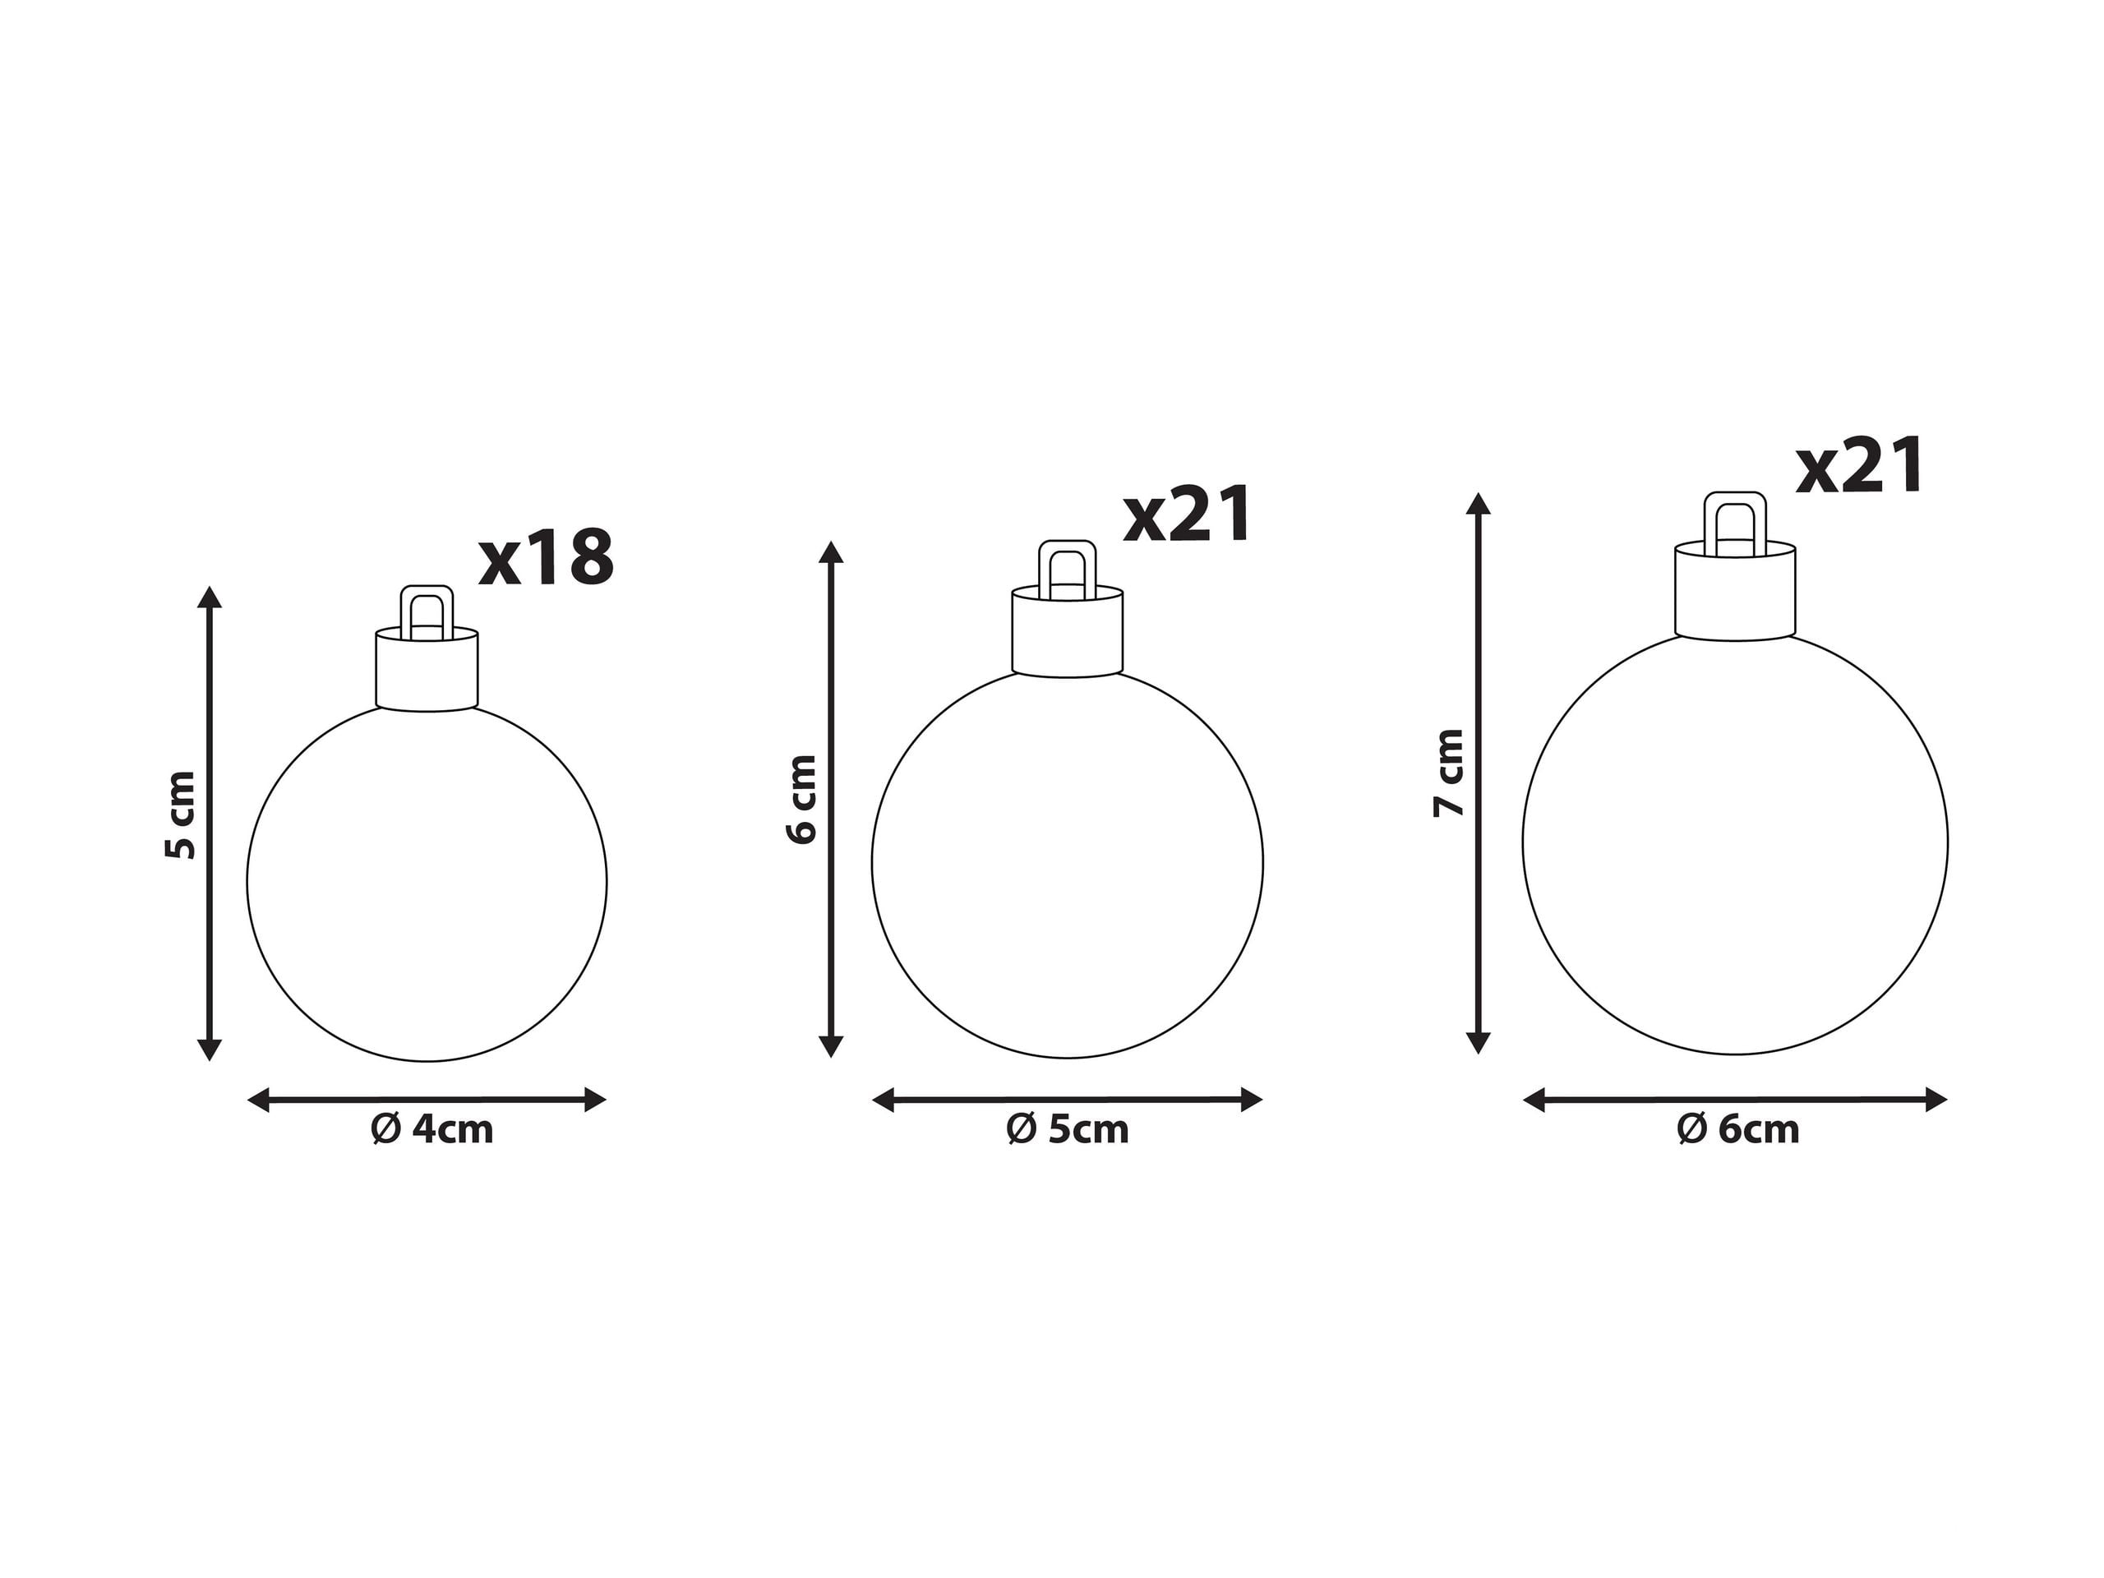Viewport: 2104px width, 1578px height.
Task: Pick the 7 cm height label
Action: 1449,773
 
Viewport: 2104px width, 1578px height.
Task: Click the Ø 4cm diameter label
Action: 431,1130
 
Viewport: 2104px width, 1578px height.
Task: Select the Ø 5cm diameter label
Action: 1068,1130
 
